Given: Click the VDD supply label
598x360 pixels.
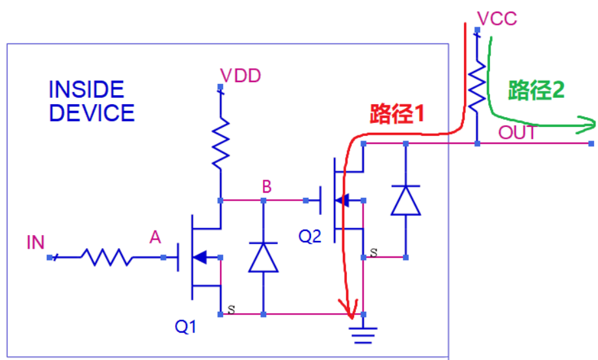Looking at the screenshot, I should coord(240,76).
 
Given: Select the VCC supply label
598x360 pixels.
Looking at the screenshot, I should coord(496,18).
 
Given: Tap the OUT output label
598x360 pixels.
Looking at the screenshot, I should coord(517,133).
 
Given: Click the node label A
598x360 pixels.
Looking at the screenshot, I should coord(155,238).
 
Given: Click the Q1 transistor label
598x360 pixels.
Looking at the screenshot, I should coord(185,327).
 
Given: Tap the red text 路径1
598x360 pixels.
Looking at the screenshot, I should coord(397,115).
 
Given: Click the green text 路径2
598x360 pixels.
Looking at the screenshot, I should coord(536,90).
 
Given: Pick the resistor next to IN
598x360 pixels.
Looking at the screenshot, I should coord(106,258).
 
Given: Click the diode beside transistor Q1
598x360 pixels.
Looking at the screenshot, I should coord(264,257).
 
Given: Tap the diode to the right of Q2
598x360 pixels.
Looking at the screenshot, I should coord(405,200).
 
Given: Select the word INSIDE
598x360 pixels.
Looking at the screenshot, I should coord(87,89).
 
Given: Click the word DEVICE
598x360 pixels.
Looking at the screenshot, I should coord(92,113).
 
